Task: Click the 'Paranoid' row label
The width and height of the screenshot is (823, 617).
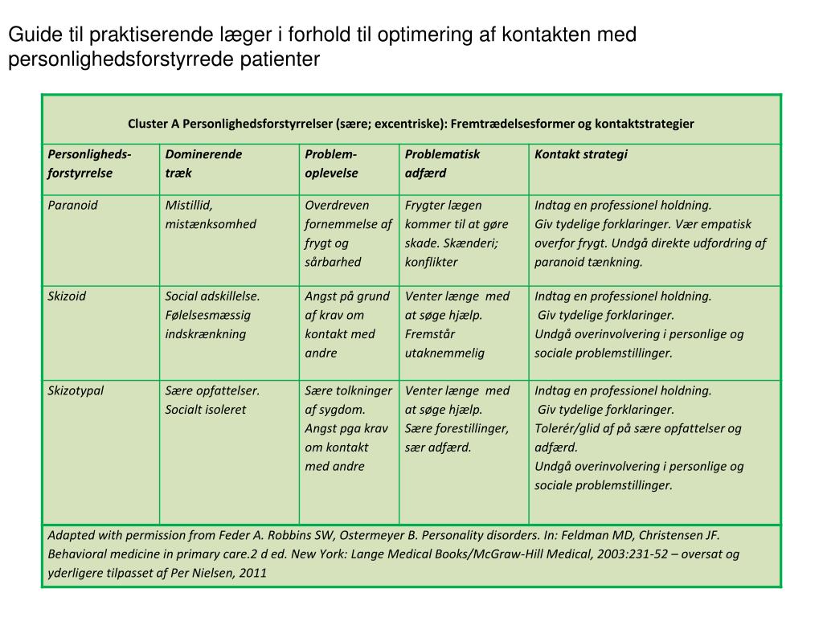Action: [x=73, y=205]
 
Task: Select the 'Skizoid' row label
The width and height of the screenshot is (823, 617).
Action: [x=67, y=296]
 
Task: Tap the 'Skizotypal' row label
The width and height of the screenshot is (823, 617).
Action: [x=76, y=390]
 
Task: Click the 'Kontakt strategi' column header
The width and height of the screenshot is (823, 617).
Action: [x=581, y=154]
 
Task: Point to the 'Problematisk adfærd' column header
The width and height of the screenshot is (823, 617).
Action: [x=442, y=163]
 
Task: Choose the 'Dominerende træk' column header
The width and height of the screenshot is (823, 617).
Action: [x=203, y=163]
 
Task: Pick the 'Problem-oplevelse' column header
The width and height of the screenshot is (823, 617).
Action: [x=331, y=163]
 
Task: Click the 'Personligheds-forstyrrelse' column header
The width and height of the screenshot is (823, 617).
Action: [x=90, y=163]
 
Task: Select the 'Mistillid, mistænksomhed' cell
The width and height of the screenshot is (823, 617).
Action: [x=211, y=215]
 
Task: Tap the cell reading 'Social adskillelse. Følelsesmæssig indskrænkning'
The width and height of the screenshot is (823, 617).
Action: [x=212, y=314]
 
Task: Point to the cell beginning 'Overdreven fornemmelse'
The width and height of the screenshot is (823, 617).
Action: [x=348, y=233]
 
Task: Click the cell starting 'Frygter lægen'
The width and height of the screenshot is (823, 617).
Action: [x=451, y=233]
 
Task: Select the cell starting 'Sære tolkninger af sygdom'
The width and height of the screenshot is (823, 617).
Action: [x=348, y=428]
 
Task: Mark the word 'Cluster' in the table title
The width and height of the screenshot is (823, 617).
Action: [x=147, y=124]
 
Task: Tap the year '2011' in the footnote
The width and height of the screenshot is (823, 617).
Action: [x=252, y=573]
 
